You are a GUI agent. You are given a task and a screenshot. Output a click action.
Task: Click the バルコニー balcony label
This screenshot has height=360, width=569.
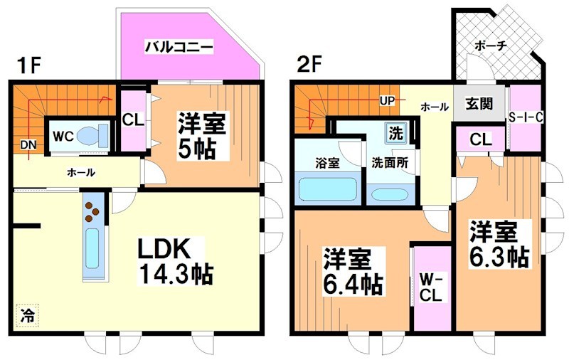point(179,48)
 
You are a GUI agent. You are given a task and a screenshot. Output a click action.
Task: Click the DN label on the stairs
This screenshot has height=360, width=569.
point(28,145)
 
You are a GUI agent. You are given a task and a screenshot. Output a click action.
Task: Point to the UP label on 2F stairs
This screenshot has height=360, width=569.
point(388,100)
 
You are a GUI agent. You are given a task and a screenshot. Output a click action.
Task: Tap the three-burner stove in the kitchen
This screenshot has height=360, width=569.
point(92,210)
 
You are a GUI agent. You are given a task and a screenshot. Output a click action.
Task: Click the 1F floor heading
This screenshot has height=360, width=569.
point(28,65)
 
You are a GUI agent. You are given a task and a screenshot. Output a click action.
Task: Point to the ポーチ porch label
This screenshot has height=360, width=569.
point(491,46)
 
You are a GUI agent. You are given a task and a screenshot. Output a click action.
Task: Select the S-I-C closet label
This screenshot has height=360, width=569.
point(527,118)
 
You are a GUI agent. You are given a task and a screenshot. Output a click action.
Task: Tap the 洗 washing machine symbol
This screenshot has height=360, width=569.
point(394,132)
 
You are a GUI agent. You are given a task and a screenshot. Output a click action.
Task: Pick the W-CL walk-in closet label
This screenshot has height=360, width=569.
point(432,286)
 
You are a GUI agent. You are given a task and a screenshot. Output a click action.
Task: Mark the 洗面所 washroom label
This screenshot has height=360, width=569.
point(389,162)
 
